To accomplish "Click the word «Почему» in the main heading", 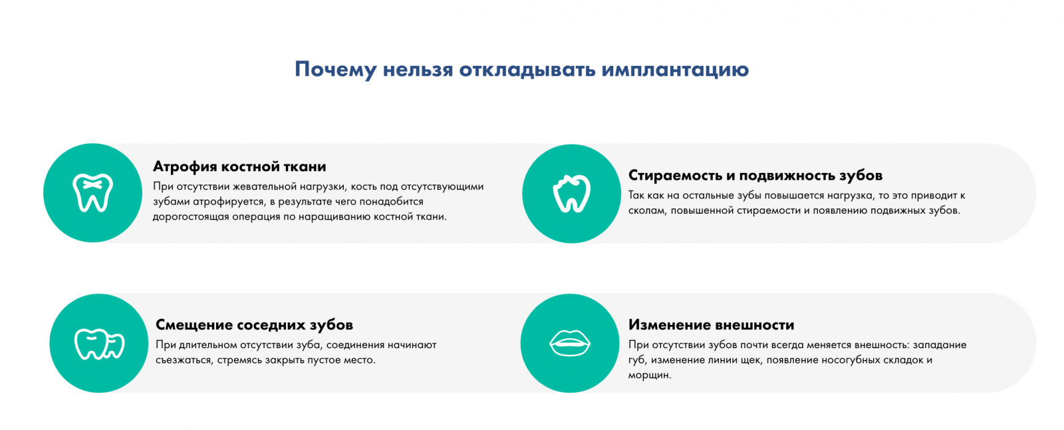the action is click(335, 69).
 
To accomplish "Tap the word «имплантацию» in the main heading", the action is click(676, 70).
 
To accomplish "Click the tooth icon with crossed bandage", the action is click(92, 192).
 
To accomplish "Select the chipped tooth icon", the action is click(571, 194).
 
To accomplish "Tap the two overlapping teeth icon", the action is click(99, 343).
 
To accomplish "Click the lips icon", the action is click(569, 343).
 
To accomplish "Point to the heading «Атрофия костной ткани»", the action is click(239, 166).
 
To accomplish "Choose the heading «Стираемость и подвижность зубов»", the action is click(755, 176).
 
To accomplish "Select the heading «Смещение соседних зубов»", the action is click(254, 325).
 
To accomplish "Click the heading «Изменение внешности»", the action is click(711, 325).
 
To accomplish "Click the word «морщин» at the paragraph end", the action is click(649, 375).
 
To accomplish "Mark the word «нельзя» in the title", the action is click(418, 69).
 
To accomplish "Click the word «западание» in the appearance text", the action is click(940, 345).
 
